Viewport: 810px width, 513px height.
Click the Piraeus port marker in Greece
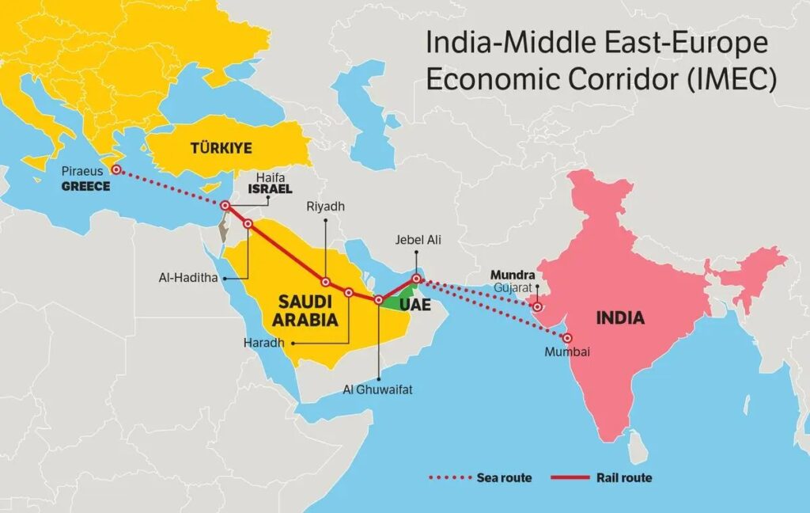click(115, 169)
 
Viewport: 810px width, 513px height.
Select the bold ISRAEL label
click(270, 190)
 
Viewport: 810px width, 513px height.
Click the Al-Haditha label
click(188, 279)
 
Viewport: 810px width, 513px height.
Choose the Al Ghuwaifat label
click(378, 389)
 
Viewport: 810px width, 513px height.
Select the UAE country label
click(414, 305)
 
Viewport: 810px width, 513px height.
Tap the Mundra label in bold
click(513, 275)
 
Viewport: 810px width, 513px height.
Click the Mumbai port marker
click(567, 338)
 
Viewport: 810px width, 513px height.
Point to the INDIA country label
click(620, 319)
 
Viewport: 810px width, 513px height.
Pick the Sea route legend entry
click(504, 477)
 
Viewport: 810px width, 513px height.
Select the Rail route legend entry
click(625, 477)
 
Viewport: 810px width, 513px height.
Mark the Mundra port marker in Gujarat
click(538, 307)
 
